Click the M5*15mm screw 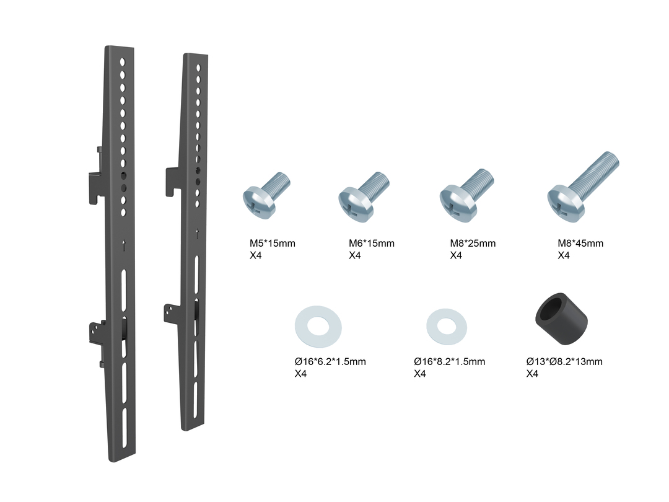pyautogui.click(x=265, y=197)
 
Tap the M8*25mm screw pyautogui.click(x=466, y=195)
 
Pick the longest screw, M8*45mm pyautogui.click(x=582, y=187)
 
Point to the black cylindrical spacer pyautogui.click(x=561, y=319)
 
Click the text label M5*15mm pyautogui.click(x=272, y=244)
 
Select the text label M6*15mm pyautogui.click(x=372, y=244)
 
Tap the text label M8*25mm pyautogui.click(x=473, y=244)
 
